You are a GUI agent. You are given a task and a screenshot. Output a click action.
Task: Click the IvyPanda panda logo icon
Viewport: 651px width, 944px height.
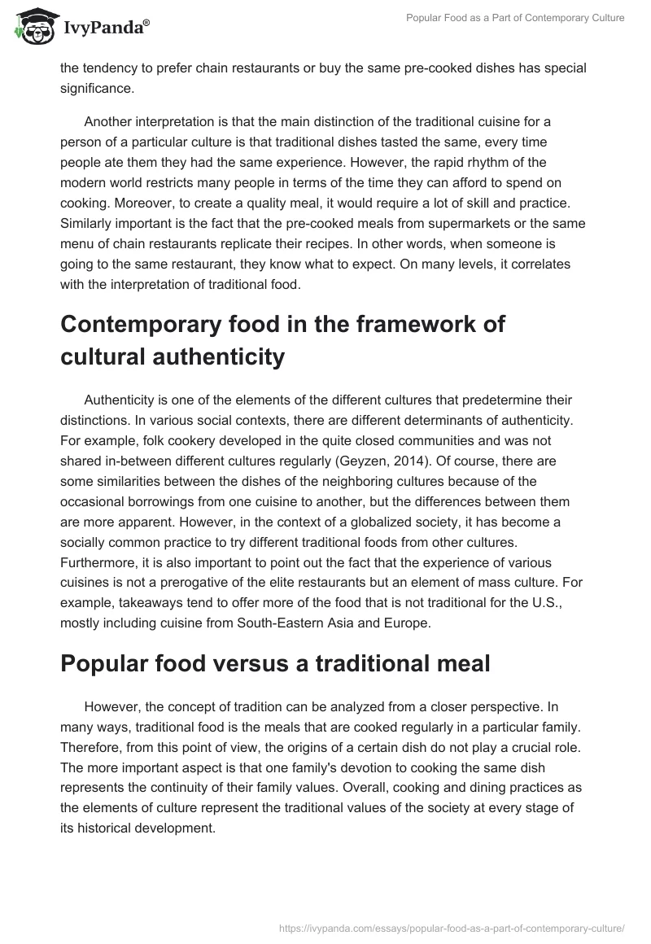(x=33, y=27)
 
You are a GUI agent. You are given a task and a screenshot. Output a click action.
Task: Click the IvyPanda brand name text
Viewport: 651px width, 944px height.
(x=105, y=29)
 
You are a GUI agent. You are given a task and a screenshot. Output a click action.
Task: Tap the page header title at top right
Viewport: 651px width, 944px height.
(x=514, y=18)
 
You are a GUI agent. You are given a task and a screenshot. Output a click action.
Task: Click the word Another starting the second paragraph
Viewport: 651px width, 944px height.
(x=111, y=122)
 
